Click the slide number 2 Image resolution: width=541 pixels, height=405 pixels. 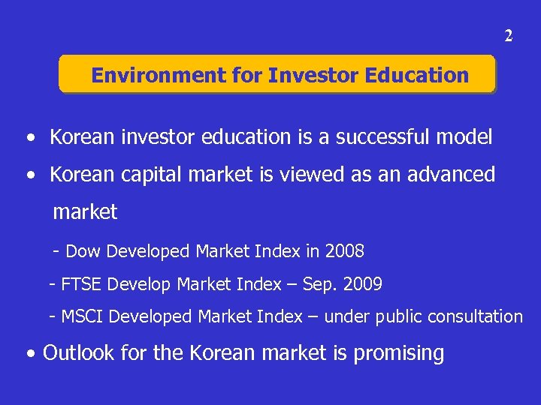pos(509,36)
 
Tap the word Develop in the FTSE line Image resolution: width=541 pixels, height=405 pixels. pos(141,285)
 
